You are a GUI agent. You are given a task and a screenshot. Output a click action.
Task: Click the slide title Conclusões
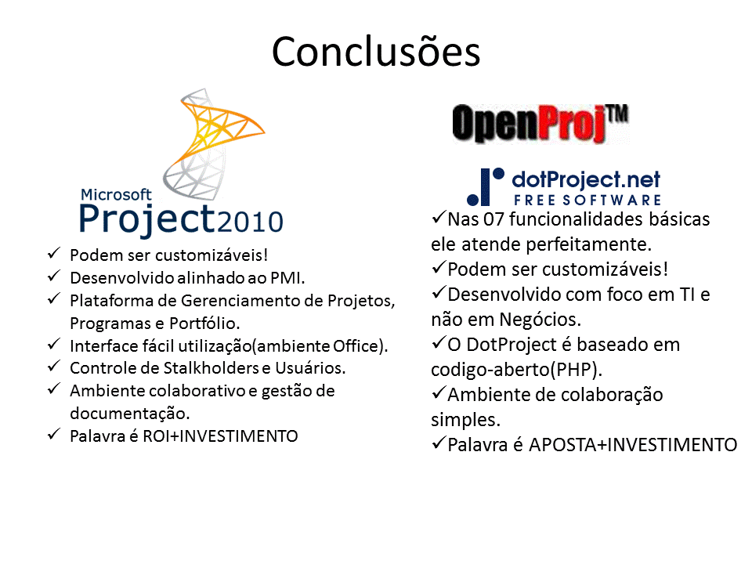click(375, 52)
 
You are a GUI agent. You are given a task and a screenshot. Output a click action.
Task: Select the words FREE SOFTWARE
click(587, 200)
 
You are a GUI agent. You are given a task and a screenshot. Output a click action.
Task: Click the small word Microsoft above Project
click(116, 194)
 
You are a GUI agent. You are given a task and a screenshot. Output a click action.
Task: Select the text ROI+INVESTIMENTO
click(220, 436)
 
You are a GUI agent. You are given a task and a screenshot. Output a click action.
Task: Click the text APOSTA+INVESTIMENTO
click(633, 445)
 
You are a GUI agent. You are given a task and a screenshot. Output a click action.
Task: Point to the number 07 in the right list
click(493, 219)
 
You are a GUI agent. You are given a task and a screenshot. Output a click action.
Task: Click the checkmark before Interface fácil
click(54, 345)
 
